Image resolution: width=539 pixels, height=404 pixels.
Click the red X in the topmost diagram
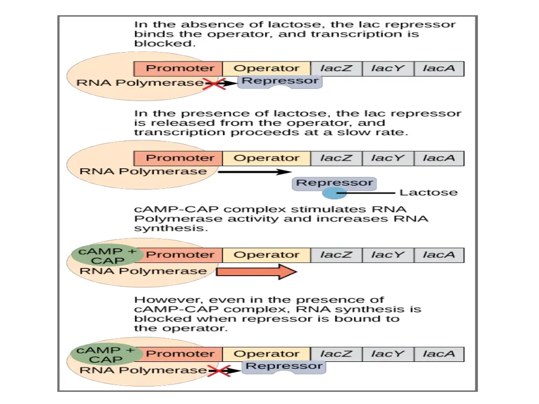coord(212,84)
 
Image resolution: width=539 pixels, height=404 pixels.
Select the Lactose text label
coord(428,193)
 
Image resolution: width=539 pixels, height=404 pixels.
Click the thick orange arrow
coord(257,272)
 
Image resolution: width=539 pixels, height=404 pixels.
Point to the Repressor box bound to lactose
coord(334,184)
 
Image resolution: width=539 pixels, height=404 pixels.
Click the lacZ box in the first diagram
coord(336,68)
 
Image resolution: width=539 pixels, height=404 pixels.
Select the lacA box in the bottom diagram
coord(438,354)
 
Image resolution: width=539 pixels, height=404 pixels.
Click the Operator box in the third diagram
coord(266,255)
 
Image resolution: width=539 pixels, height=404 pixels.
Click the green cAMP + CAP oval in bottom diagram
coord(106,355)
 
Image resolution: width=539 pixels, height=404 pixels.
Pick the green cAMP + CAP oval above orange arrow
coord(106,256)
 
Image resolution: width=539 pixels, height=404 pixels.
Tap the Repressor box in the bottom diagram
coord(284,367)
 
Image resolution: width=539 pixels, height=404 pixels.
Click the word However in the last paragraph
coord(160,300)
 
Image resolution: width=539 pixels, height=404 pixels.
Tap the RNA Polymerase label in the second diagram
coord(143,171)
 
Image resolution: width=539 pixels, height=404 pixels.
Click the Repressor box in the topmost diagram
coord(280,82)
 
